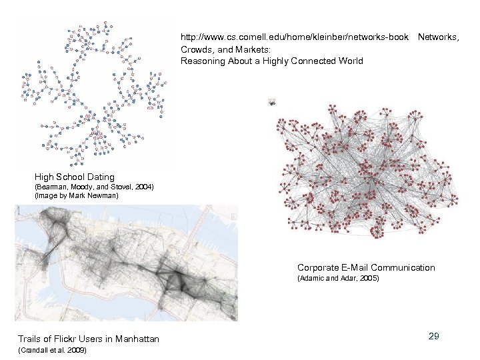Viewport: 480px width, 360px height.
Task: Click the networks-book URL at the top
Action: click(295, 37)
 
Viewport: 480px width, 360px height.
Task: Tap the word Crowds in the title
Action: click(197, 49)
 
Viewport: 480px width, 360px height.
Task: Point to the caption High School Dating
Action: click(74, 177)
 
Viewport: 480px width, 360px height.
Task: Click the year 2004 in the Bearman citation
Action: click(143, 187)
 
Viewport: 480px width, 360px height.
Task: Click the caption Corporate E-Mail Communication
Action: click(366, 268)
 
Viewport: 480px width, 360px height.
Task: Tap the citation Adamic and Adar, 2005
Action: click(338, 278)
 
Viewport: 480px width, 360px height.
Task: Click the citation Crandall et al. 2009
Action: click(52, 350)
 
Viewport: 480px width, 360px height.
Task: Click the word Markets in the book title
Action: click(251, 49)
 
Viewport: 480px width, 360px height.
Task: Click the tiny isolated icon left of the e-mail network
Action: click(272, 101)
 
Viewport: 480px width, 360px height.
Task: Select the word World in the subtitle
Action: click(350, 61)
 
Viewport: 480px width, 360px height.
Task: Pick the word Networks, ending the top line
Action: click(438, 37)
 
